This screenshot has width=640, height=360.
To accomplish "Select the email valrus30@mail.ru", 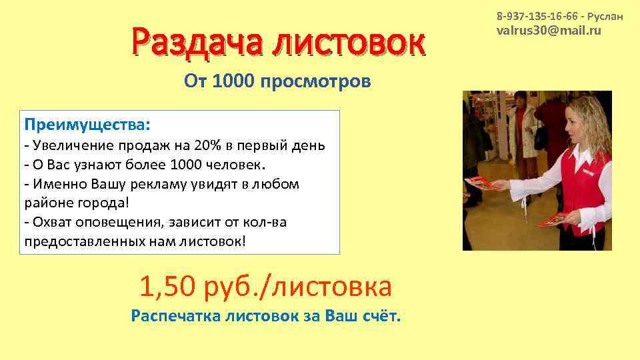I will click(x=549, y=31).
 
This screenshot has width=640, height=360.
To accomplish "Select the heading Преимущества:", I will click(x=87, y=125).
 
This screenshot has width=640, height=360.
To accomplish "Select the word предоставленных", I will click(x=81, y=241).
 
